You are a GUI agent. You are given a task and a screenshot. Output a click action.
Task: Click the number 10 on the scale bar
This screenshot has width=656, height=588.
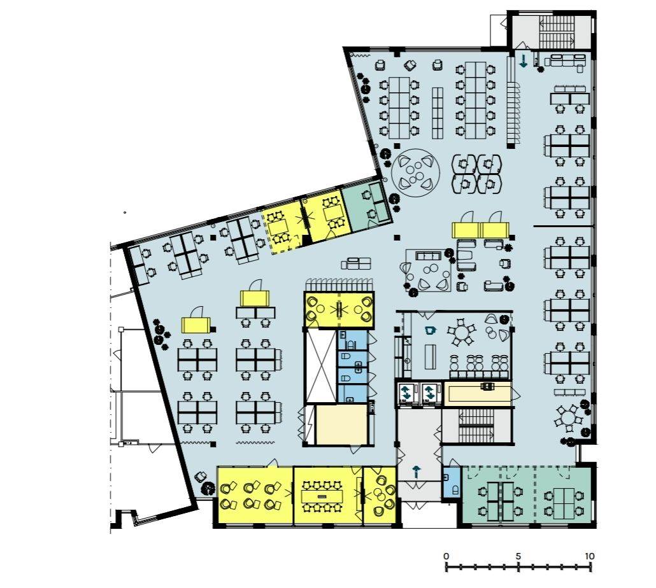[589, 556]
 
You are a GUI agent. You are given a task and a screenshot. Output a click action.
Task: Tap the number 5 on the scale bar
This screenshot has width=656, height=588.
[518, 556]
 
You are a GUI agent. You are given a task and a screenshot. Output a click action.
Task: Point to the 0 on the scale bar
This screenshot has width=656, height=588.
[446, 556]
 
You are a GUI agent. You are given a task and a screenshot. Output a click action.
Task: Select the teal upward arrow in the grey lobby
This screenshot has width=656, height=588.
[417, 472]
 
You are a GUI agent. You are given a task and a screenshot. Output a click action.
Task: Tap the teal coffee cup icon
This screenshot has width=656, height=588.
[430, 330]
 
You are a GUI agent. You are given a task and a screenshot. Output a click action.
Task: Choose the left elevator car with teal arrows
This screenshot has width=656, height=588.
[406, 393]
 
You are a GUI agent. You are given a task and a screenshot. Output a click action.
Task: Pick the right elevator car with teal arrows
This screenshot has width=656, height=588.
[430, 393]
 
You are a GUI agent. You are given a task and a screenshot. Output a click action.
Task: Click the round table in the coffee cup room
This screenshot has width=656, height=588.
[462, 333]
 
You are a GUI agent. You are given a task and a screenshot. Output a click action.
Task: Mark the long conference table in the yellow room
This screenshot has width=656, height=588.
[322, 496]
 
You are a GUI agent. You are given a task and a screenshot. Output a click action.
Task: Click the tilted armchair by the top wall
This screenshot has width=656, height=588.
[410, 65]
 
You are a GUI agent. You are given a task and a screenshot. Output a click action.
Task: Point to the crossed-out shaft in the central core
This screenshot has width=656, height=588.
[321, 366]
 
